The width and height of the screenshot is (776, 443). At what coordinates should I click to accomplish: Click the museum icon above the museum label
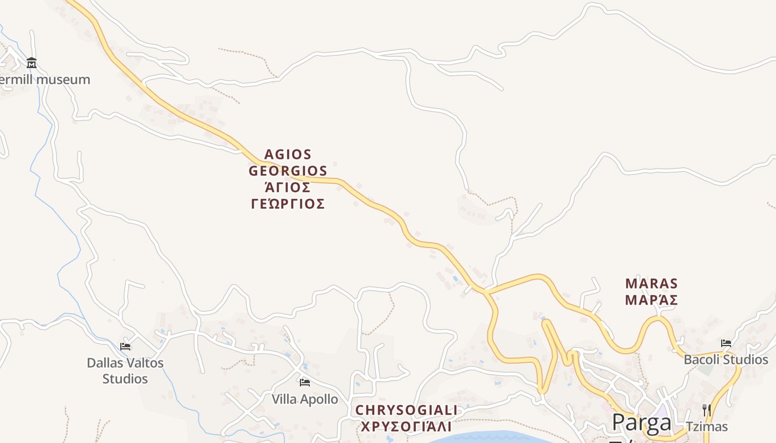tap(32, 63)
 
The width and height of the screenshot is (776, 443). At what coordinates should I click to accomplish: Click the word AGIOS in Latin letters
tap(288, 154)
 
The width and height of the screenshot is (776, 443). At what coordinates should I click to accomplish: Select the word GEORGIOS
tap(288, 171)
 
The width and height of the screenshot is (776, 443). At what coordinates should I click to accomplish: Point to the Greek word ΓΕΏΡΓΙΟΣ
tap(288, 204)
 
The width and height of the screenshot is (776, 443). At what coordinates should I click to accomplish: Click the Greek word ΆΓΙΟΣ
tap(288, 187)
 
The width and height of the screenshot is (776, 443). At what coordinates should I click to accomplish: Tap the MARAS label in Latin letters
tap(651, 284)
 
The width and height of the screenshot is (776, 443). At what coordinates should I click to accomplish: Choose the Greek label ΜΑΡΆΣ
tap(651, 300)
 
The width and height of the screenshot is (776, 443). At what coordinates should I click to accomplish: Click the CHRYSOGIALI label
tap(406, 410)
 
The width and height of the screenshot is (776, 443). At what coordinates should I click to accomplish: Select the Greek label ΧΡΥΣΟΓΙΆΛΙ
tap(406, 427)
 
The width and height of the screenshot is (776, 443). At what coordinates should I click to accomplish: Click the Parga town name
tap(641, 423)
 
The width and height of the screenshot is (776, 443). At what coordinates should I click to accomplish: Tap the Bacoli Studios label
tap(726, 360)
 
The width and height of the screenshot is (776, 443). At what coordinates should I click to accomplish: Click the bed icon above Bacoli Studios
tap(726, 343)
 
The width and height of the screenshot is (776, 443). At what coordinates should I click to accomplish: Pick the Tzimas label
tap(706, 427)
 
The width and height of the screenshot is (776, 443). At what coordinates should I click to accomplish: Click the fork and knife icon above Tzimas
tap(706, 410)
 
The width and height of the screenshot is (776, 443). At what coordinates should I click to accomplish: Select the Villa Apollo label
tap(304, 399)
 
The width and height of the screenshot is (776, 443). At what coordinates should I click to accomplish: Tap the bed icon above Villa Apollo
tap(304, 383)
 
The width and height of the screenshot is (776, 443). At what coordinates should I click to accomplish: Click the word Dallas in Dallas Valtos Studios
tap(105, 363)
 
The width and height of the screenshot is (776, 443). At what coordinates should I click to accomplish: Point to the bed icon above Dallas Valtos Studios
tap(125, 347)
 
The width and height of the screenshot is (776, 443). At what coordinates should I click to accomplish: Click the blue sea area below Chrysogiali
tap(488, 437)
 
